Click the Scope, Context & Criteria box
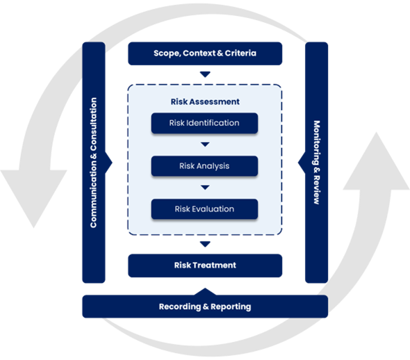(x=205, y=54)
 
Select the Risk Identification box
(x=204, y=123)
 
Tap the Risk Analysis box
(x=204, y=166)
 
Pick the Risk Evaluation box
(x=204, y=209)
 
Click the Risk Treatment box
(x=205, y=265)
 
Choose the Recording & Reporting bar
(x=205, y=306)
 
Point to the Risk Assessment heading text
(x=205, y=101)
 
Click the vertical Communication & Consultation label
(x=93, y=163)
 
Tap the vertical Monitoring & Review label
(x=317, y=163)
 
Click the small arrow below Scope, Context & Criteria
(x=205, y=74)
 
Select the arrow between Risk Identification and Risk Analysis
(x=205, y=145)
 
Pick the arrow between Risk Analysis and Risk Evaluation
(x=205, y=188)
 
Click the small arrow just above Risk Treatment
(x=205, y=244)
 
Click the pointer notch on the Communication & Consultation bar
(x=108, y=163)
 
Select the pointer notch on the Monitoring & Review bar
(x=302, y=163)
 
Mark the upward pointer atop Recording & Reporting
(x=205, y=292)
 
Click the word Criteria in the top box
(x=240, y=53)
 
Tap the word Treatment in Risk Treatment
(x=215, y=265)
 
